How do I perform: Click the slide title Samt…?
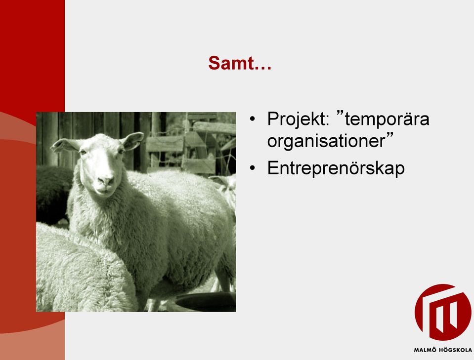[240, 63]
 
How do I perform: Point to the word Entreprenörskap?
[336, 168]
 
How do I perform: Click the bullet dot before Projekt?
[253, 119]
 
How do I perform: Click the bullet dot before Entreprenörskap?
[253, 168]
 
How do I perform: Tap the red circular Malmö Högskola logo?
[442, 312]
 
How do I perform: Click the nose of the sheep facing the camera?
[106, 181]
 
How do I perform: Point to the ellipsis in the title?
[262, 68]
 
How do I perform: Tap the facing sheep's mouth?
[104, 191]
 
